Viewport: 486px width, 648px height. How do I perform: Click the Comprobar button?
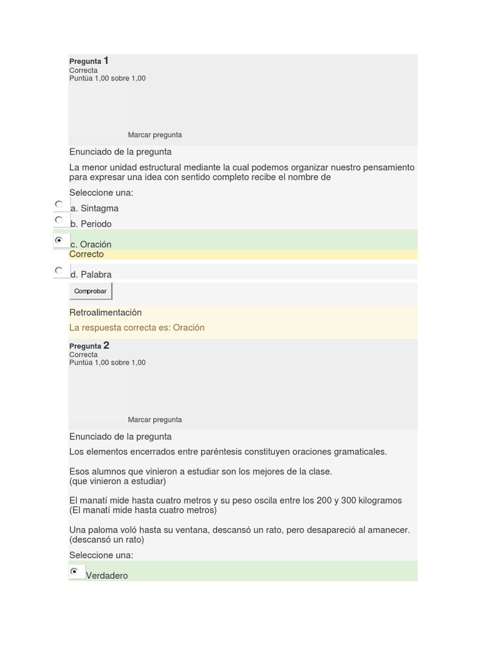(x=90, y=291)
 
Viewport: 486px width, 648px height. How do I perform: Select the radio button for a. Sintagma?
(x=59, y=204)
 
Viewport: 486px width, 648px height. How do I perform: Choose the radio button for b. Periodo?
(x=59, y=220)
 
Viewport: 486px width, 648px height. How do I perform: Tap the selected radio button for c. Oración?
(x=59, y=240)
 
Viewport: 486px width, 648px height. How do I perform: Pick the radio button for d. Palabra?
(x=59, y=270)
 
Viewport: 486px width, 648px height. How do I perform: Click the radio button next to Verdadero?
(x=75, y=571)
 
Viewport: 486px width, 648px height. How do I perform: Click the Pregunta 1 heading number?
(x=106, y=61)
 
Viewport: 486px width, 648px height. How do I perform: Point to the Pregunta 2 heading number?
(x=106, y=346)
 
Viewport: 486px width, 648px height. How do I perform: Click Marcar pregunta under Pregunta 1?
(x=154, y=135)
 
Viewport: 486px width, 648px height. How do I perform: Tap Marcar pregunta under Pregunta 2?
(x=154, y=420)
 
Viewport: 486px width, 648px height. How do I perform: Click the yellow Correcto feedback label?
(x=87, y=254)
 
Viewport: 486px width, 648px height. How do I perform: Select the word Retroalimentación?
(x=106, y=313)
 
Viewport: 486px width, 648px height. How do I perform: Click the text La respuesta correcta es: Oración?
(x=137, y=328)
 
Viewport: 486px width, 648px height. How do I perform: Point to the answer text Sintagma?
(x=99, y=208)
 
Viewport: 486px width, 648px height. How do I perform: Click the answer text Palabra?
(x=96, y=275)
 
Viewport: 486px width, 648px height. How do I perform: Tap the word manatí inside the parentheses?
(x=101, y=510)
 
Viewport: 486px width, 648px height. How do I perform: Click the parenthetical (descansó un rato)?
(x=107, y=540)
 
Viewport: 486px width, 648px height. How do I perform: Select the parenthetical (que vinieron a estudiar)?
(x=118, y=481)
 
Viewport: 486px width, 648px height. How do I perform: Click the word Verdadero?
(x=107, y=576)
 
